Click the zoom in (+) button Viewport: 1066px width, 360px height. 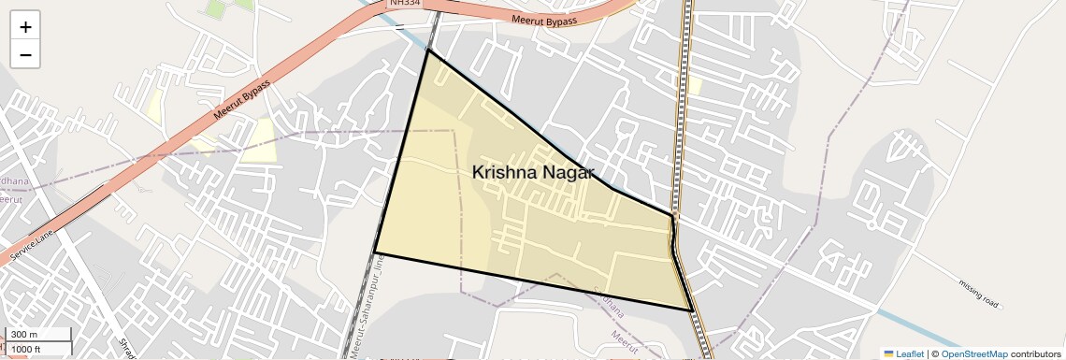tap(25, 26)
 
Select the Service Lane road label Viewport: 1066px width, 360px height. tap(35, 246)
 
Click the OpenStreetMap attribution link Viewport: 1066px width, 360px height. tap(974, 353)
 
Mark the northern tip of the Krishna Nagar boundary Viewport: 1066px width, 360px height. tap(428, 50)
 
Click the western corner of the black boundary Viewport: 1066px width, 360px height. tap(375, 252)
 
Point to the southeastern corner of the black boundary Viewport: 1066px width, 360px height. tap(693, 310)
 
